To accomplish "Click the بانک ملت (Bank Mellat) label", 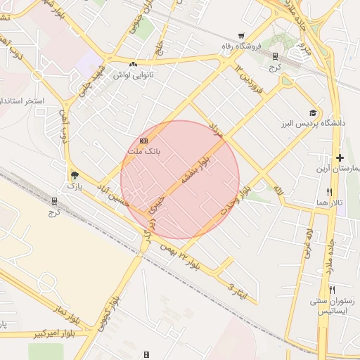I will [x=144, y=151].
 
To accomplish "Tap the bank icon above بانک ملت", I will [x=144, y=141].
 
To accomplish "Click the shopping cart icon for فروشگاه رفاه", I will [x=241, y=36].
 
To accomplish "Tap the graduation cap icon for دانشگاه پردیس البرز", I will [x=312, y=112].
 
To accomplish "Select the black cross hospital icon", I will [x=340, y=157].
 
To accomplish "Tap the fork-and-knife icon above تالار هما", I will [x=328, y=191].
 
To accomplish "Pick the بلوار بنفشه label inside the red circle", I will [x=195, y=169].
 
